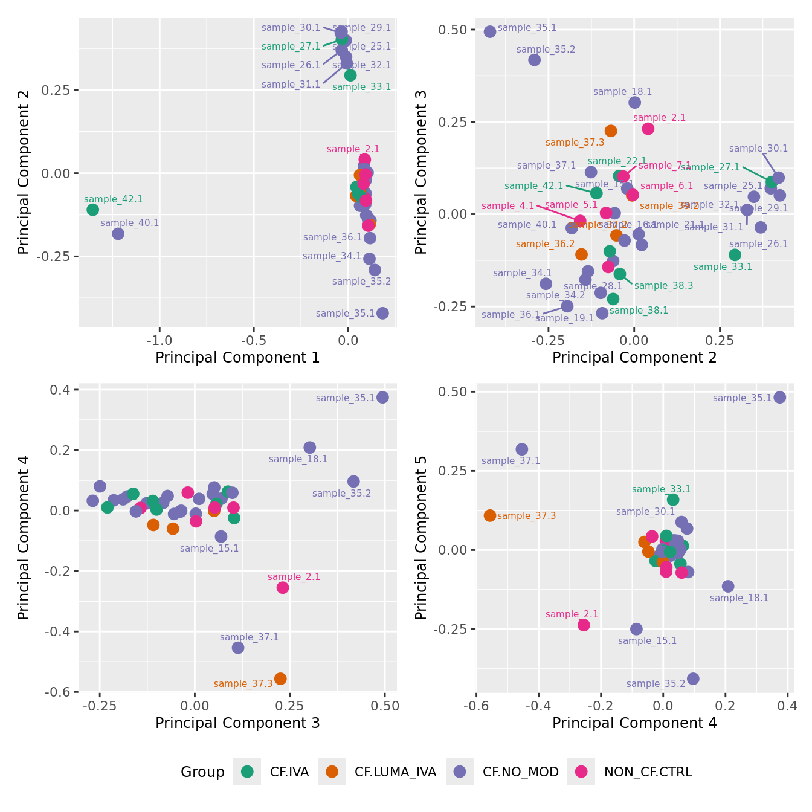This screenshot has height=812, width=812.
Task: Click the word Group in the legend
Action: coord(202,772)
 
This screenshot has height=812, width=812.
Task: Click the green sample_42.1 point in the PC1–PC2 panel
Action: coord(92,210)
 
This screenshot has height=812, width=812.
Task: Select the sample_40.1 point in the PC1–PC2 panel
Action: coord(118,233)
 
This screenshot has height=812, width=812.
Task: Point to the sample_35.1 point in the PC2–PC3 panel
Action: coord(490,31)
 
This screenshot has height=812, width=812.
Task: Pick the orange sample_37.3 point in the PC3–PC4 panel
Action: coord(280,678)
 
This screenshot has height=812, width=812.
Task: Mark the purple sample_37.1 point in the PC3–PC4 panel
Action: coord(238,647)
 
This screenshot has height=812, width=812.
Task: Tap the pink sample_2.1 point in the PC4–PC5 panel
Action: coord(584,625)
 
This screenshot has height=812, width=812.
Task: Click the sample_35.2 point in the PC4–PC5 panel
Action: coord(693,678)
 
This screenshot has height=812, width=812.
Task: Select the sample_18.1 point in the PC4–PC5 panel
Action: coord(728,586)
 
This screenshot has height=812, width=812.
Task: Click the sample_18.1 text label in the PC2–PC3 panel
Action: coord(622,92)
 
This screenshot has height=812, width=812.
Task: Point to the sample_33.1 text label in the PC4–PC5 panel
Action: coord(661,489)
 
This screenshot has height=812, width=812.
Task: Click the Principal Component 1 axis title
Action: coord(237,358)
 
